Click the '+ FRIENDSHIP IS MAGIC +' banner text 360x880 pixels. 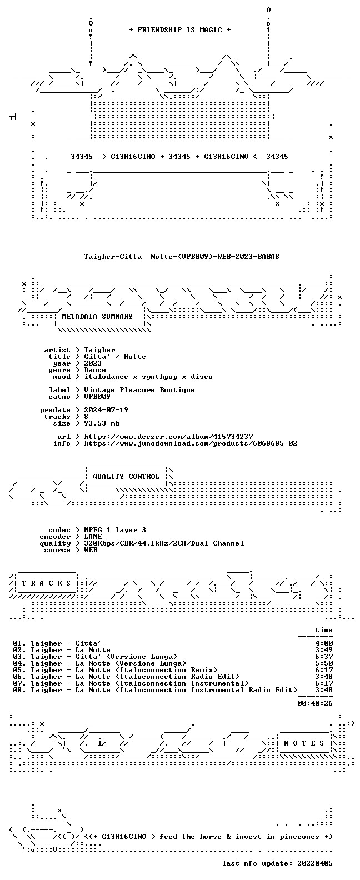[179, 30]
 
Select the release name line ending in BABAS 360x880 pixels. [182, 257]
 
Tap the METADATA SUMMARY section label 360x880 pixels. [97, 317]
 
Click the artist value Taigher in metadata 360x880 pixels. [99, 350]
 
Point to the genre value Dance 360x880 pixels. [95, 370]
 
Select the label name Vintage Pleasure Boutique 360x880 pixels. [139, 390]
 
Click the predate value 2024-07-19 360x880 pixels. [106, 410]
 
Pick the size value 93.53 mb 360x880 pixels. [102, 423]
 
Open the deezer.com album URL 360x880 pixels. [168, 437]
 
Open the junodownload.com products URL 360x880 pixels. [191, 443]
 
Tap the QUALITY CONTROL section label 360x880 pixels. [126, 477]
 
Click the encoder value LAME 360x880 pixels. [93, 537]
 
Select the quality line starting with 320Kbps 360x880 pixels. [164, 543]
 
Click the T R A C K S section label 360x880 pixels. [46, 583]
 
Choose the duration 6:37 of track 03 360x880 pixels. [324, 657]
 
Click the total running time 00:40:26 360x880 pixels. [315, 703]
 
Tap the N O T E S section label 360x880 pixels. [304, 743]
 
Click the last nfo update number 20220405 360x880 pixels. [315, 863]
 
